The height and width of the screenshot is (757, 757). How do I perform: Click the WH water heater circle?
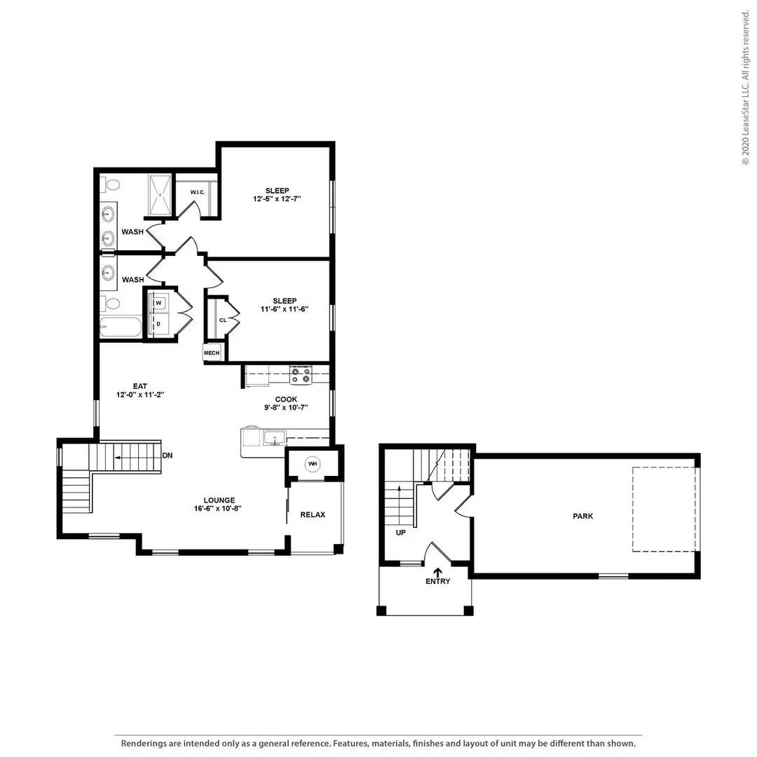(313, 464)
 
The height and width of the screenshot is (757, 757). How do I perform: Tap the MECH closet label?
(212, 353)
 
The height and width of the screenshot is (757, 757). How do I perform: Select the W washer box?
(158, 303)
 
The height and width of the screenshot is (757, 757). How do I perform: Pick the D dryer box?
(158, 324)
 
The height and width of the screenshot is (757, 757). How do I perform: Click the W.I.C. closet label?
(198, 192)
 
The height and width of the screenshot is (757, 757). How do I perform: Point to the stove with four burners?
(301, 376)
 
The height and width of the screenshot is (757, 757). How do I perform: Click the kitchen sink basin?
(275, 438)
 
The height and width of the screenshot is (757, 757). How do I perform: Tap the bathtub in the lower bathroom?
(121, 327)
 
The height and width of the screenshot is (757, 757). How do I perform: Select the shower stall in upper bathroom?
(161, 195)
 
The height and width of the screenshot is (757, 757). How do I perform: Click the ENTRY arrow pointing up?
(438, 572)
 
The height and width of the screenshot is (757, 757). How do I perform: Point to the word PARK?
(582, 516)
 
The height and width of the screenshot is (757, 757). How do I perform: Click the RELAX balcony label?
(313, 514)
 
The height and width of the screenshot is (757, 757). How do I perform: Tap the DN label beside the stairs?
(168, 456)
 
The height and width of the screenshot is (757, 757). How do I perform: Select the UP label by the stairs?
(401, 533)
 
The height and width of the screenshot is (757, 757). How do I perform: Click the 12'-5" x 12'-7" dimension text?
(277, 199)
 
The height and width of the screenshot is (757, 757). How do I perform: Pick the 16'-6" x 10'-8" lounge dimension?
(218, 508)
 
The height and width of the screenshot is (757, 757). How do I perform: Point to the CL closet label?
(223, 320)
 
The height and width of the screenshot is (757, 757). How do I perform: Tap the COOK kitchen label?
(286, 400)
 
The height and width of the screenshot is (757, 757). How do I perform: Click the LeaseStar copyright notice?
(746, 88)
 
